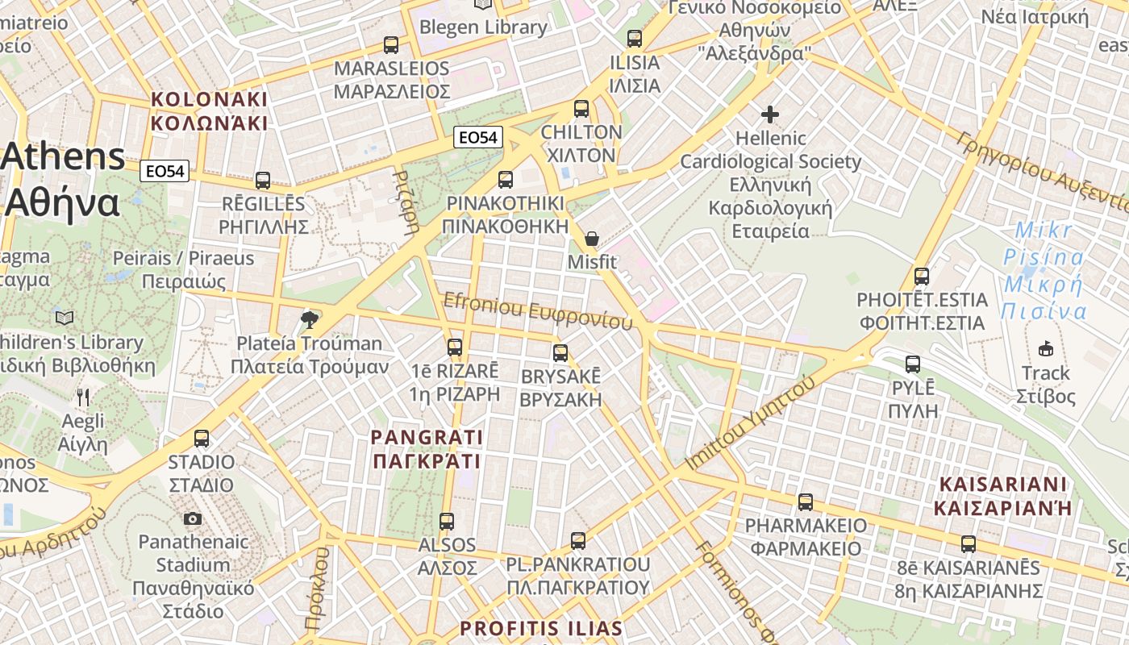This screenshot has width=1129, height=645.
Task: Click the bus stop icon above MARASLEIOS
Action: (391, 45)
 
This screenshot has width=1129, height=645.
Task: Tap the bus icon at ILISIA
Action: (635, 39)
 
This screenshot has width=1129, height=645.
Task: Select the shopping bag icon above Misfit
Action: (592, 239)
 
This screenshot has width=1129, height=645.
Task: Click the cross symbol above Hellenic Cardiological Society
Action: (770, 114)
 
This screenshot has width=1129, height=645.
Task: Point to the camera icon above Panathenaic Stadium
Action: (193, 518)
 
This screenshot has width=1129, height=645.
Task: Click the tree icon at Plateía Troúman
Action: (309, 320)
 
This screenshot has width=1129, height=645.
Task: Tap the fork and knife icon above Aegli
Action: (83, 397)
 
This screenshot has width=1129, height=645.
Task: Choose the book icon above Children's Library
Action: (65, 318)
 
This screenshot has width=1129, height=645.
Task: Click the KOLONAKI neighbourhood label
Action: (209, 111)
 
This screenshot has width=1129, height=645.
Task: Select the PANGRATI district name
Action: (427, 449)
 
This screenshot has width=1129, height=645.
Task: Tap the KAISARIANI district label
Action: (1002, 496)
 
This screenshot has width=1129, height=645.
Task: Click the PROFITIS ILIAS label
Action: (541, 629)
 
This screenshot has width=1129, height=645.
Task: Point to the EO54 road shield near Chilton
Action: (477, 138)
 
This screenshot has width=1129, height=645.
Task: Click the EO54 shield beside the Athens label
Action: (165, 171)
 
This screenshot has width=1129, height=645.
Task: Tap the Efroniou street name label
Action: (538, 311)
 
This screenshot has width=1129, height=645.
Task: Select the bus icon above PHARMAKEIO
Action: (806, 502)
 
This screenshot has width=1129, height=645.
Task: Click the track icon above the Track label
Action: (1046, 349)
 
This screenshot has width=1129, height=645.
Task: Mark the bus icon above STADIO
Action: (202, 439)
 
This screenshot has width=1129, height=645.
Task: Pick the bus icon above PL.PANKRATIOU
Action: (578, 540)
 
